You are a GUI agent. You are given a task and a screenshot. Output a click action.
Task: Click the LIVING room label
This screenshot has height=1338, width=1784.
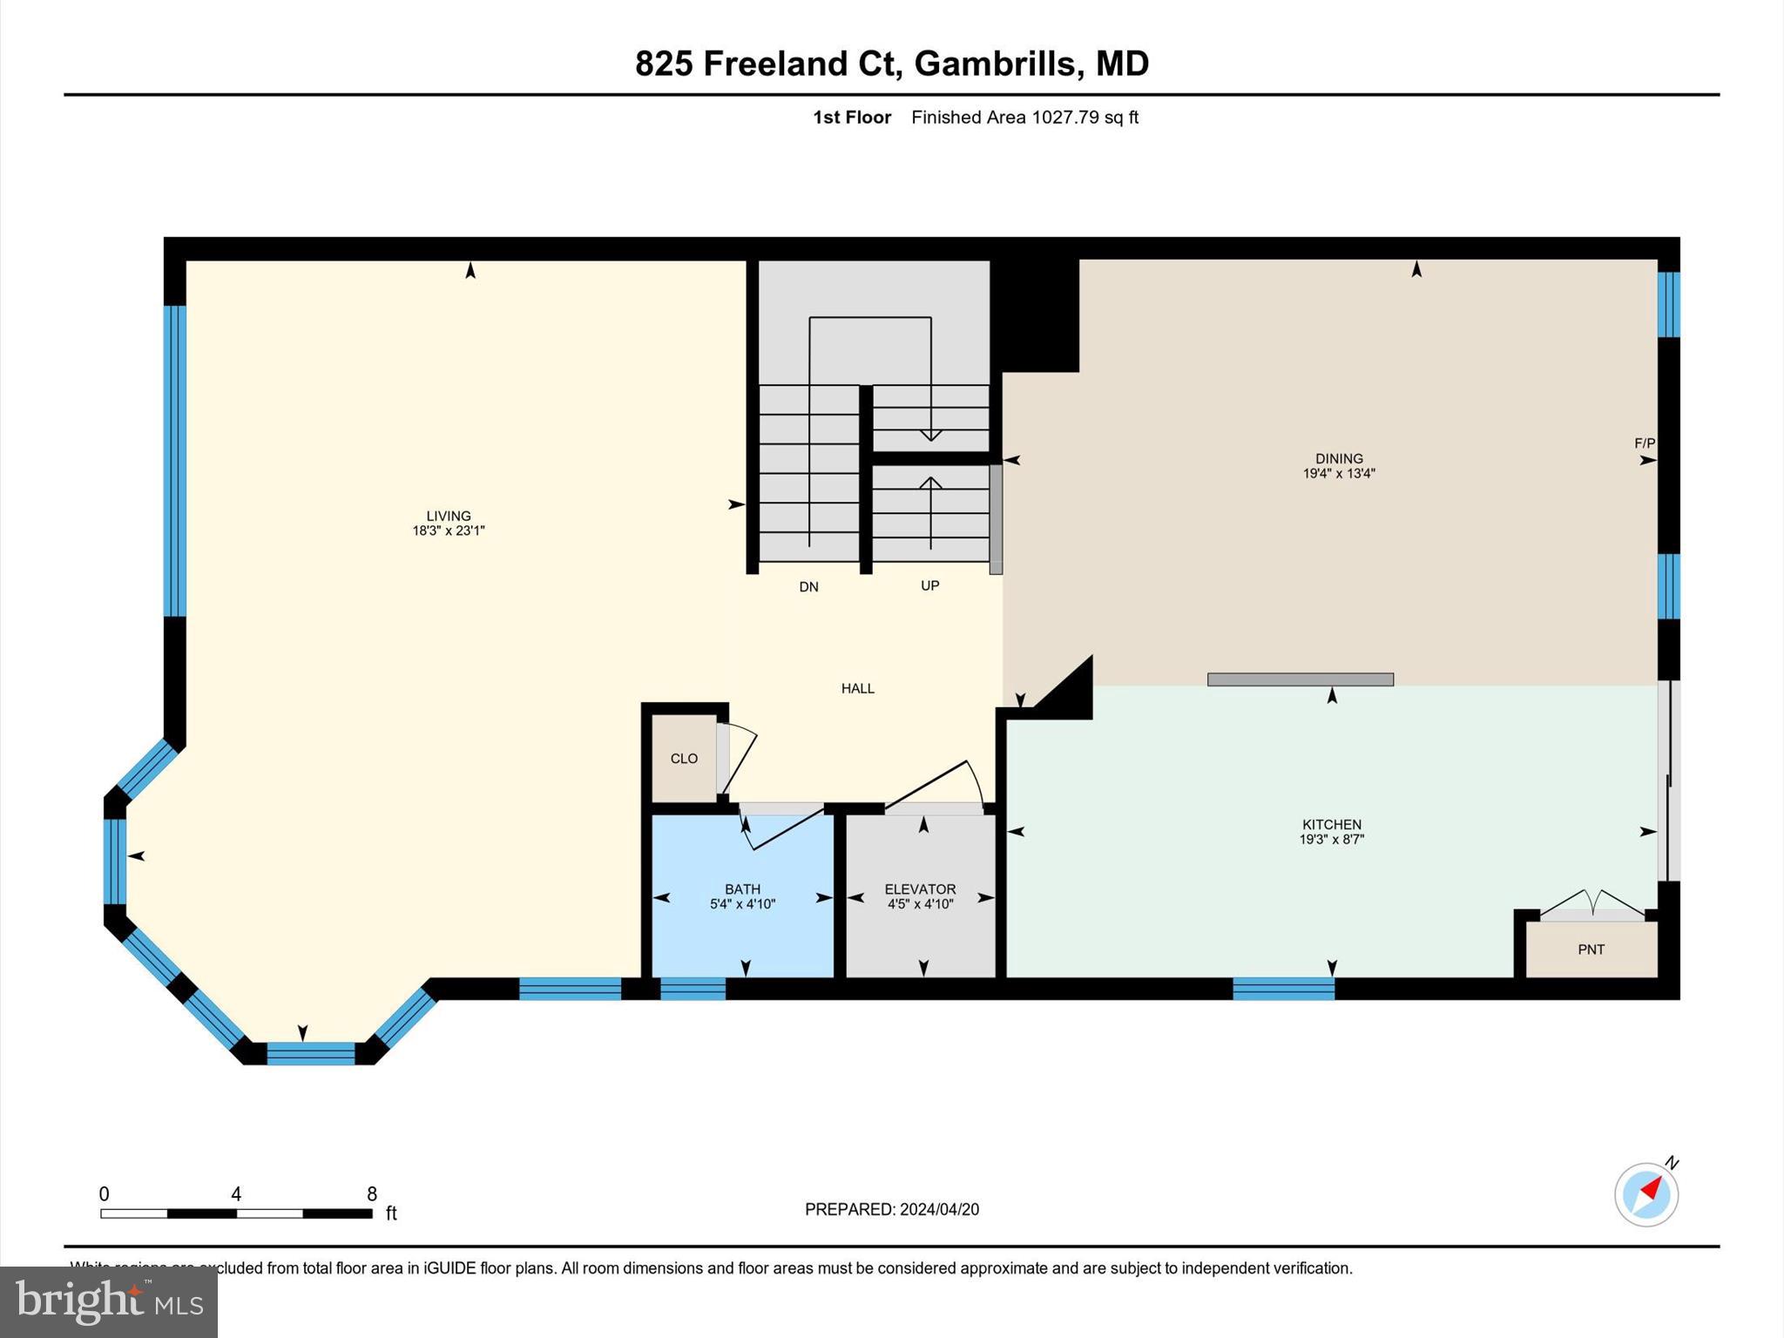click(448, 516)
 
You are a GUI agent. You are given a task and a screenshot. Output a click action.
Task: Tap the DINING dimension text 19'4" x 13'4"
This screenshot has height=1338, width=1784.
click(1338, 474)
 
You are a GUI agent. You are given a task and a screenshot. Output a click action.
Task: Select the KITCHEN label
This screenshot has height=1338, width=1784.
click(1331, 824)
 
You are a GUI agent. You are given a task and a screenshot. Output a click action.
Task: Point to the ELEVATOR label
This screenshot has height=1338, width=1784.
click(920, 889)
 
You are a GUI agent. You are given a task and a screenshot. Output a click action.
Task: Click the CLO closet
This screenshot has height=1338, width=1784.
click(684, 759)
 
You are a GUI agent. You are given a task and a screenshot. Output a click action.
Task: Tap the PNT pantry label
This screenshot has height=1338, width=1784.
click(1591, 949)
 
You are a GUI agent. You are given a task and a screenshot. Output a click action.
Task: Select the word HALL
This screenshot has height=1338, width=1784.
click(857, 688)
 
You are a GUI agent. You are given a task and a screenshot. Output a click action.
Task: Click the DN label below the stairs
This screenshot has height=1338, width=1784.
click(808, 587)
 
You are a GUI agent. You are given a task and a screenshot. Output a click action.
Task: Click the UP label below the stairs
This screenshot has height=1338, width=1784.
click(929, 586)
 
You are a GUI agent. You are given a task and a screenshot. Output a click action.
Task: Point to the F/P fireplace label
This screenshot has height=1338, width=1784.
click(1644, 443)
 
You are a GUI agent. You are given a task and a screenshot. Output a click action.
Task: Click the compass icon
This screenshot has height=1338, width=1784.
click(1645, 1194)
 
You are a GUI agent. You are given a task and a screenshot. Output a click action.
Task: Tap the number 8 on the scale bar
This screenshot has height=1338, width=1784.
click(371, 1194)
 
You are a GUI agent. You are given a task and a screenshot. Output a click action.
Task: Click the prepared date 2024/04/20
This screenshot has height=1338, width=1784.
click(939, 1209)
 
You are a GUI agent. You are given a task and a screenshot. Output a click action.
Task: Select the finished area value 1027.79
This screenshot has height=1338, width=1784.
click(1065, 118)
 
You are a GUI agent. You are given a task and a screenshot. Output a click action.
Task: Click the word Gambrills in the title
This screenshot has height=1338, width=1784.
click(995, 64)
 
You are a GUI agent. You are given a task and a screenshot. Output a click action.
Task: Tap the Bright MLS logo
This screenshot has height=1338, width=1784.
click(109, 1301)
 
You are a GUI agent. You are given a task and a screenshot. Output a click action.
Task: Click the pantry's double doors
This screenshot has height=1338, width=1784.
click(1592, 904)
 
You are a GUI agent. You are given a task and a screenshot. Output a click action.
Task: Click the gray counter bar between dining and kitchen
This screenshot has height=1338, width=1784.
click(1300, 679)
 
